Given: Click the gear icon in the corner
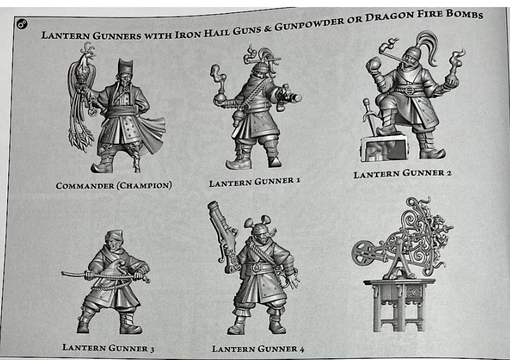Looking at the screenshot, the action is click(x=22, y=23).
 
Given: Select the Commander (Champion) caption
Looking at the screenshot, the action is click(x=114, y=185).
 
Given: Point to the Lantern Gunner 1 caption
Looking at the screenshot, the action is click(x=254, y=182).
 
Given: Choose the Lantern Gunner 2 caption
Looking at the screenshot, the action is click(x=403, y=174).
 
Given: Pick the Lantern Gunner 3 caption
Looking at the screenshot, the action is click(x=108, y=348).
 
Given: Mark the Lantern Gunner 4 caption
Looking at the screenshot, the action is click(x=258, y=349).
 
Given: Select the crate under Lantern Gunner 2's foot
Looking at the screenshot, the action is click(x=384, y=148).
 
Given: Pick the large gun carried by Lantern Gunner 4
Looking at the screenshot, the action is click(x=224, y=237).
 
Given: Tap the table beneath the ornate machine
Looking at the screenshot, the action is click(x=399, y=304).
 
